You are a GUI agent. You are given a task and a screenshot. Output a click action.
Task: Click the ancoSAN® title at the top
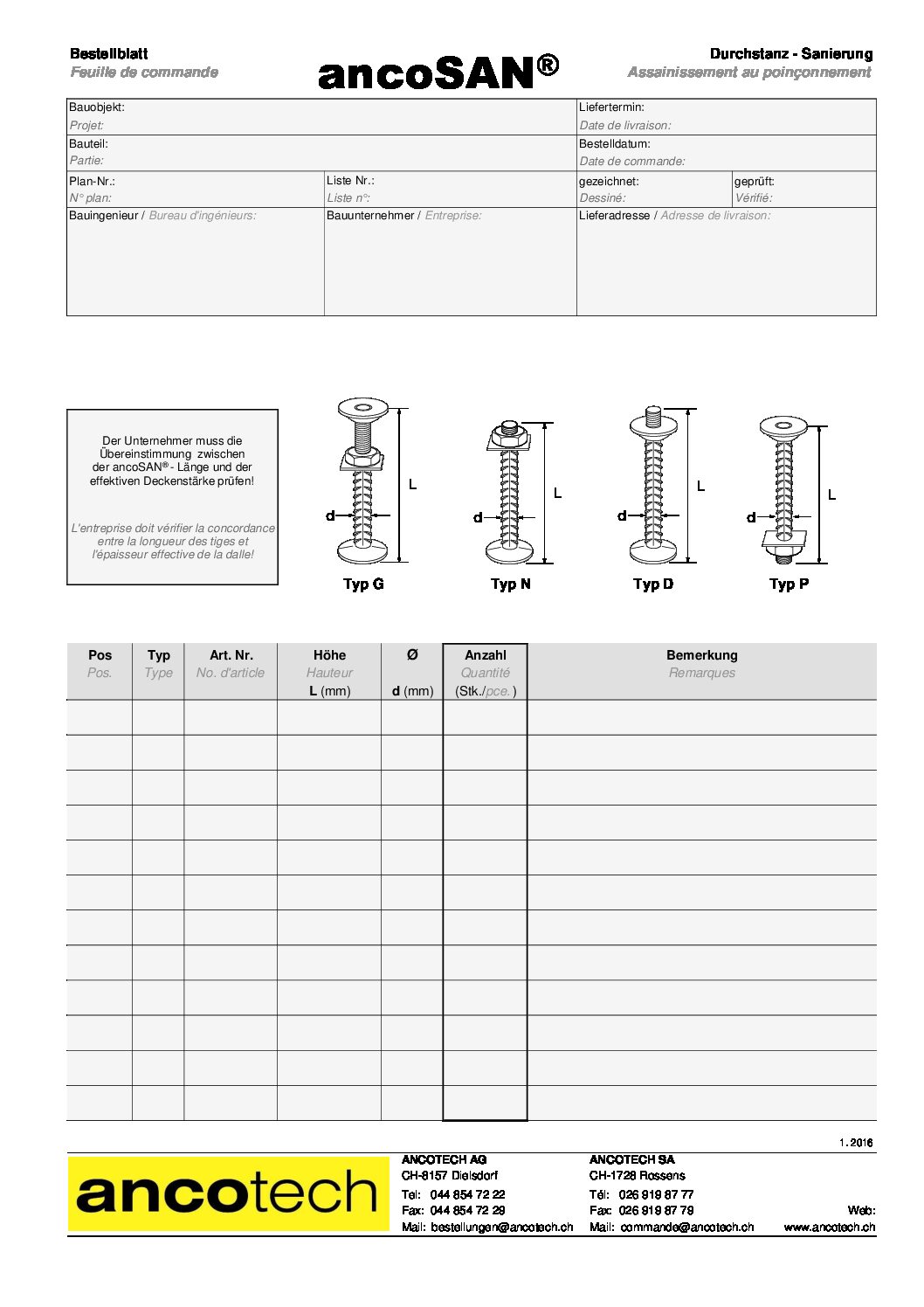438,72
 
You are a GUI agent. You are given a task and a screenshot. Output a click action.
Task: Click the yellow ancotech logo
228,1193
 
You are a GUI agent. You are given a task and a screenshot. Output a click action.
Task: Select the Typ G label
363,584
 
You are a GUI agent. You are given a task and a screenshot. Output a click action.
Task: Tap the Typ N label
510,584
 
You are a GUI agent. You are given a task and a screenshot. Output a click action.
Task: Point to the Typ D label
653,584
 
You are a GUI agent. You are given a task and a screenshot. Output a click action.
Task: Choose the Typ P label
789,584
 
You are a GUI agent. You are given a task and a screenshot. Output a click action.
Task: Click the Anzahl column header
485,655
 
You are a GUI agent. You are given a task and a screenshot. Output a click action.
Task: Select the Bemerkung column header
701,655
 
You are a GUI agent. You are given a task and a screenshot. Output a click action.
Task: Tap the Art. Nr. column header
231,655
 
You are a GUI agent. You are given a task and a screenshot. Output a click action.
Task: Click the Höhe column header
329,655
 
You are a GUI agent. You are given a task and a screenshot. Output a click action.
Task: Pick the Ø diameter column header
412,654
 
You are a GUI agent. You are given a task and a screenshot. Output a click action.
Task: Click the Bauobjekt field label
97,107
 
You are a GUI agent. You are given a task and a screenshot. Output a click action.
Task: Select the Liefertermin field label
611,107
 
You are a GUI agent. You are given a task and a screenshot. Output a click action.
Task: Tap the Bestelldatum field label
614,144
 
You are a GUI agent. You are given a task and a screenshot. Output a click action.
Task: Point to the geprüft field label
754,182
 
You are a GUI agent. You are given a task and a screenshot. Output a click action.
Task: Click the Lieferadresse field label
614,216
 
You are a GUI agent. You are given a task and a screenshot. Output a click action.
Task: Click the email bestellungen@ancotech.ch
501,1227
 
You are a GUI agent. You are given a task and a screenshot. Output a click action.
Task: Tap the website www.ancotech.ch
829,1227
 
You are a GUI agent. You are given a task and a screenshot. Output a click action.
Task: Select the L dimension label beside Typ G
413,484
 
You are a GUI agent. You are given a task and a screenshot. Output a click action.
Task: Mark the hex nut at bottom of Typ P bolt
783,551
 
